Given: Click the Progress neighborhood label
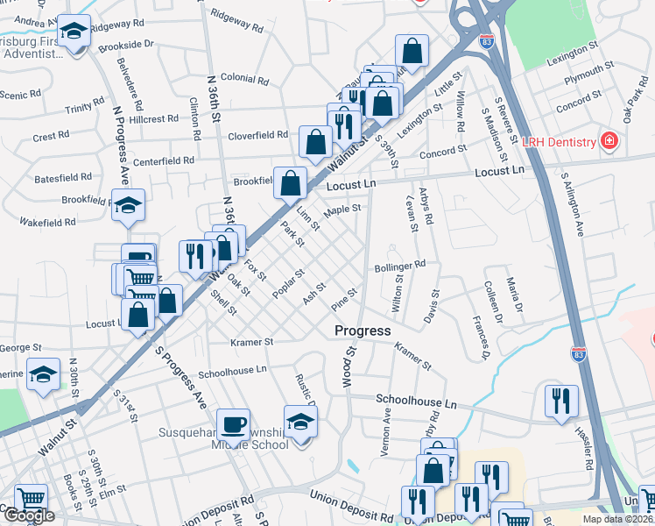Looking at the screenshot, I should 363,331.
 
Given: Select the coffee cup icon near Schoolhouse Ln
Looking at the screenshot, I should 233,424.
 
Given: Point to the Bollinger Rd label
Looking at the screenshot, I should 399,264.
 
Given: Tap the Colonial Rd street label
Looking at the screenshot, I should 244,78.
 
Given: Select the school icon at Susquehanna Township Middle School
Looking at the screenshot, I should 300,423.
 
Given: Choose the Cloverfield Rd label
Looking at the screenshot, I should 258,135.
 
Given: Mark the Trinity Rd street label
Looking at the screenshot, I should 85,110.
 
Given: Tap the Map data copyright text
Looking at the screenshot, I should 617,519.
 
